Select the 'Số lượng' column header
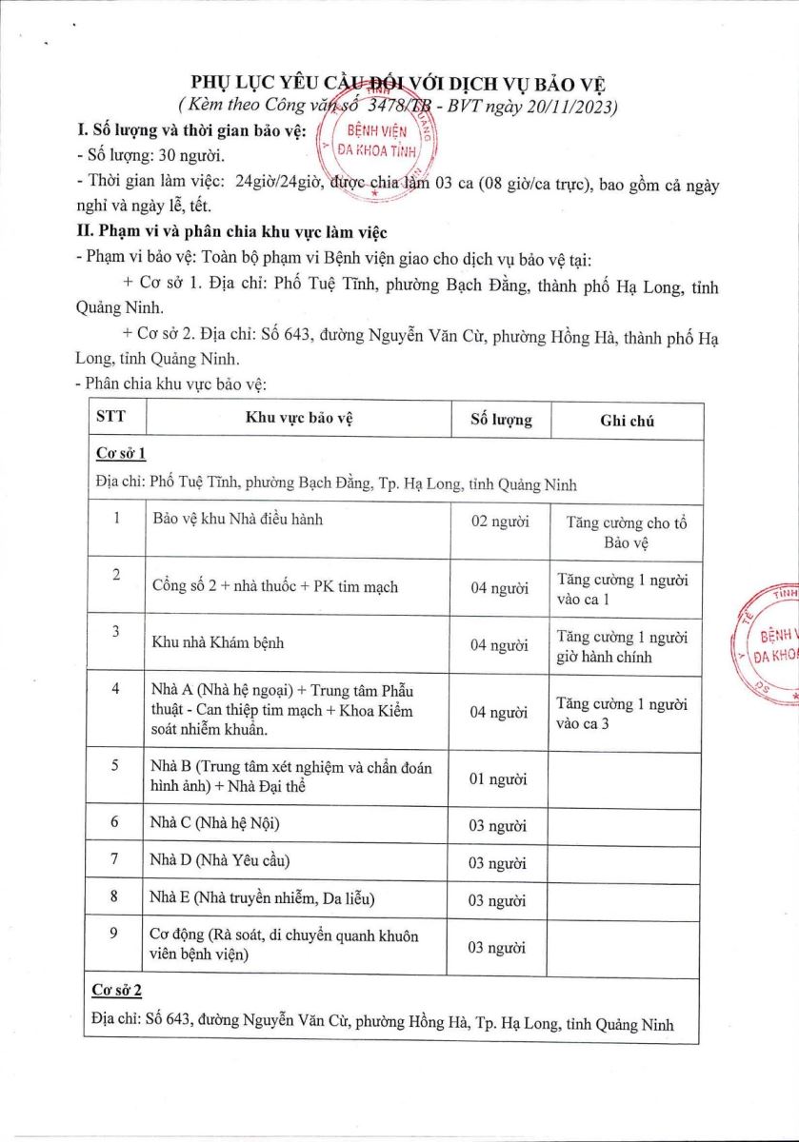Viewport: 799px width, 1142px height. (501, 420)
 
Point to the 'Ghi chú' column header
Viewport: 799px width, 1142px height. (627, 421)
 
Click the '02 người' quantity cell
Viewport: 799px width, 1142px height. (500, 522)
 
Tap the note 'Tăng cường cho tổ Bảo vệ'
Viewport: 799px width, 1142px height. (627, 532)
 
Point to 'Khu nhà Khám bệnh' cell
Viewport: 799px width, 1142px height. (218, 642)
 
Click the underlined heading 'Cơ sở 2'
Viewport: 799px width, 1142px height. (119, 991)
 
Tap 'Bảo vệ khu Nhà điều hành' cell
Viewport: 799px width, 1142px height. (237, 519)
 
